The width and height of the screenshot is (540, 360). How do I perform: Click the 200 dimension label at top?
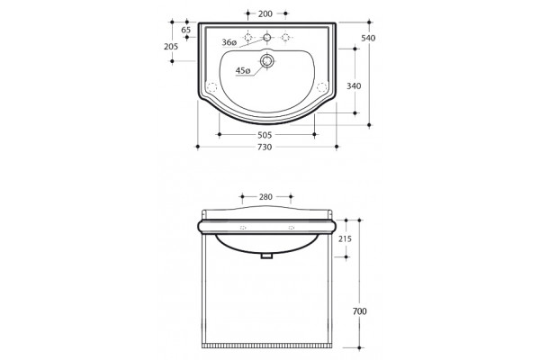265,13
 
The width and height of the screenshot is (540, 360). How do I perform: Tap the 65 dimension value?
186,30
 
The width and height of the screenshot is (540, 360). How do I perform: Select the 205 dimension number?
171,47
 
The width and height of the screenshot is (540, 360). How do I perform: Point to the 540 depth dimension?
368,38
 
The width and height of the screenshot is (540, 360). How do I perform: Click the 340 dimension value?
354,85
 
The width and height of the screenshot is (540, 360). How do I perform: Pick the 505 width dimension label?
265,135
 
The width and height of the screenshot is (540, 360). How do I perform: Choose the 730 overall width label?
265,147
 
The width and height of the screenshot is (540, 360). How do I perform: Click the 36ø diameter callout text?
229,42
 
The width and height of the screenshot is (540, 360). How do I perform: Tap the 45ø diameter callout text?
243,70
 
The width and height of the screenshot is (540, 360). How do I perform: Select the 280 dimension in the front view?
265,197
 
